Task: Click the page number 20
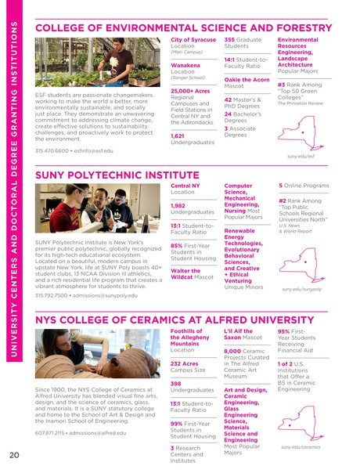tap(15, 454)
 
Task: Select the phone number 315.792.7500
tap(52, 295)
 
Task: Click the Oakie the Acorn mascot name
tap(245, 79)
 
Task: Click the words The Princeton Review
tap(299, 103)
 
